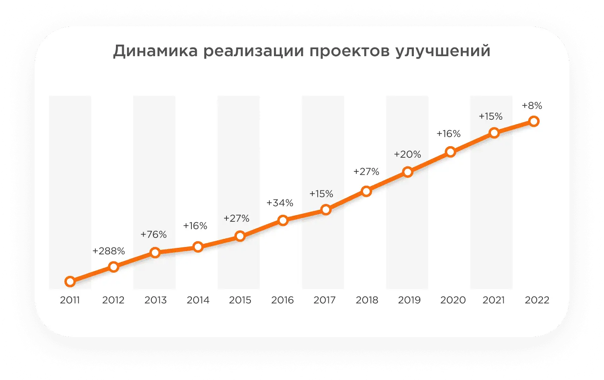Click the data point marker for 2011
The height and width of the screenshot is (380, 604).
[70, 282]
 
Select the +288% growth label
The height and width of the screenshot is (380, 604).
[109, 251]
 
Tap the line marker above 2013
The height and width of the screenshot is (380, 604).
[155, 252]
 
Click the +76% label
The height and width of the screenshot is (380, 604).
[153, 235]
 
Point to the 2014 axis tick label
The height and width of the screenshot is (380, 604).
[198, 300]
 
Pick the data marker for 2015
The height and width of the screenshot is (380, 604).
[240, 236]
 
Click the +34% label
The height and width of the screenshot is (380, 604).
[280, 203]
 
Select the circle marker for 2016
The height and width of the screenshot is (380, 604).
[283, 220]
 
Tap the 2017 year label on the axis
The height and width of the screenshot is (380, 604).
[325, 300]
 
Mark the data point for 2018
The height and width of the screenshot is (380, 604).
[366, 191]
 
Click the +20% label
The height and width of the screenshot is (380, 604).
[407, 154]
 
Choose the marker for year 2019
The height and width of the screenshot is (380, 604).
[408, 172]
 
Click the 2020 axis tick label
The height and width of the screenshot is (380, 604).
[453, 300]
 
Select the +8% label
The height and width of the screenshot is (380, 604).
[532, 106]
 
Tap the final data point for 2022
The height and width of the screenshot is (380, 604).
[534, 121]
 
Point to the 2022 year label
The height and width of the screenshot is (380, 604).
[537, 300]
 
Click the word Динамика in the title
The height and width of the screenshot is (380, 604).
[156, 51]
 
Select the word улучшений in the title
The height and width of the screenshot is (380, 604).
[443, 51]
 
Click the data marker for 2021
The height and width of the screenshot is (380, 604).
[494, 133]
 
